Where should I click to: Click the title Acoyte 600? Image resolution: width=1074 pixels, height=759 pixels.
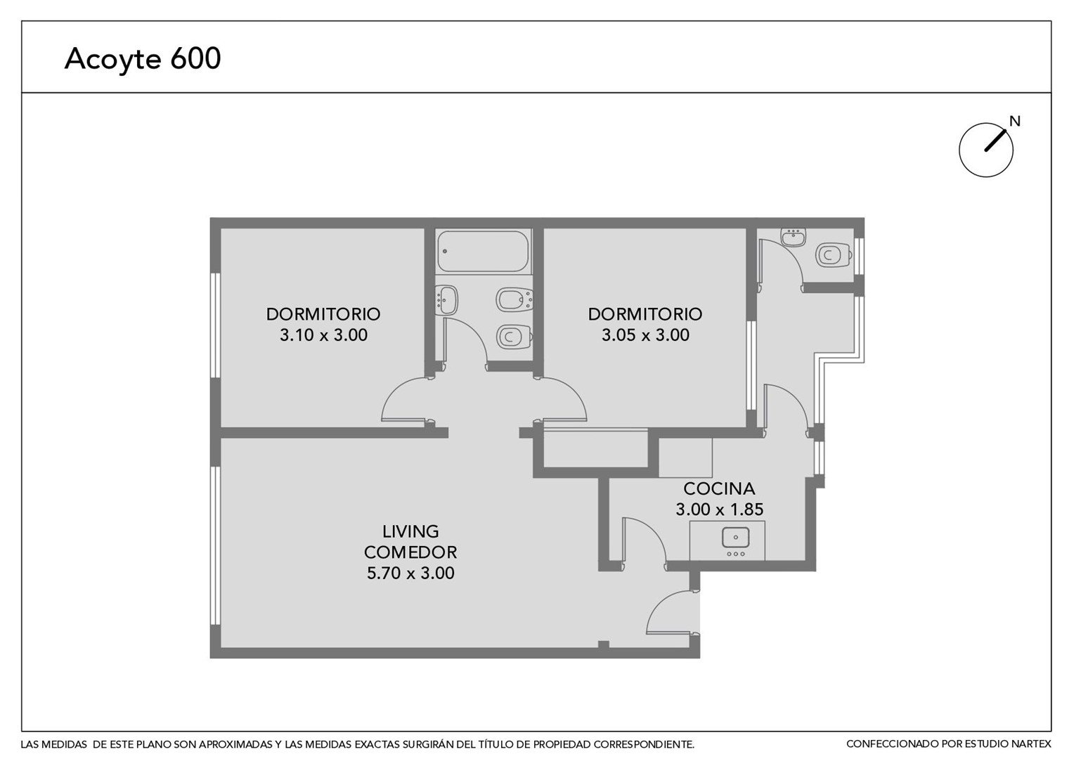click(143, 59)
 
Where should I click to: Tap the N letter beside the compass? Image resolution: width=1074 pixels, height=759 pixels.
click(1014, 122)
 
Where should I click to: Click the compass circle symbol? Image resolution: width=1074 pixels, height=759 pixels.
click(985, 150)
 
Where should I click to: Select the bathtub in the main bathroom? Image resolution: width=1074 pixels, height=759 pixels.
click(484, 252)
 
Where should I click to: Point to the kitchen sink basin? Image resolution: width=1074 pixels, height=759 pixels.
click(736, 537)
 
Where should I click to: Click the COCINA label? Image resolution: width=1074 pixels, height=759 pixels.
click(719, 488)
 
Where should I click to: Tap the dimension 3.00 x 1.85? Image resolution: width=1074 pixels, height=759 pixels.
click(719, 510)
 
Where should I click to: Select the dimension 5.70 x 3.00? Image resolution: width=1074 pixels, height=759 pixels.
click(410, 573)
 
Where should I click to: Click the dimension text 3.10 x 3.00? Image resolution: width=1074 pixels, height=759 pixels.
click(323, 335)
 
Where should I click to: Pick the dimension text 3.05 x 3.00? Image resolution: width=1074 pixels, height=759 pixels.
click(645, 335)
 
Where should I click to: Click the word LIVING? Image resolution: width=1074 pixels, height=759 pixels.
click(410, 531)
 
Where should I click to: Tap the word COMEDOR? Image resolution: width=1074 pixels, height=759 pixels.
click(410, 552)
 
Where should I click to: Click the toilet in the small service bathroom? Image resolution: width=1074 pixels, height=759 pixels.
click(834, 256)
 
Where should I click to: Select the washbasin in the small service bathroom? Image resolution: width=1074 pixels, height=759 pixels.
click(793, 237)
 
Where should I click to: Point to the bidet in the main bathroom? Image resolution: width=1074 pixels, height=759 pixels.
click(514, 300)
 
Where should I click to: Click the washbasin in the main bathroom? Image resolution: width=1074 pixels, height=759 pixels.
click(446, 300)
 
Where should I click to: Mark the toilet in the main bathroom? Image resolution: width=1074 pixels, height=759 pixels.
click(514, 337)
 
